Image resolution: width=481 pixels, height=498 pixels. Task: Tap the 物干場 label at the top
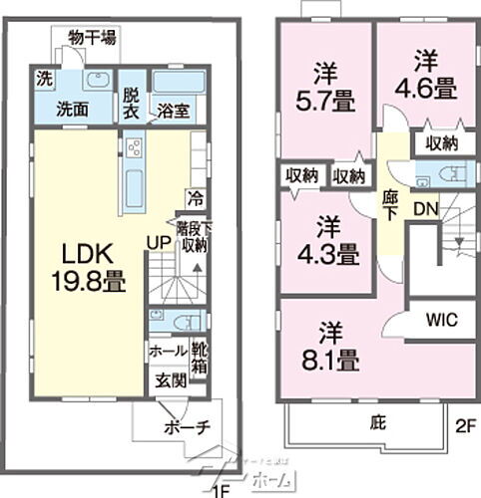(x=92, y=38)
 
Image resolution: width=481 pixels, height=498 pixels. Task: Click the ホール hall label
(x=166, y=351)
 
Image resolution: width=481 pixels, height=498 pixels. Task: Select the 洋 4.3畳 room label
(x=326, y=241)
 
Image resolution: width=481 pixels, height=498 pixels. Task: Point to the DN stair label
(x=423, y=210)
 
